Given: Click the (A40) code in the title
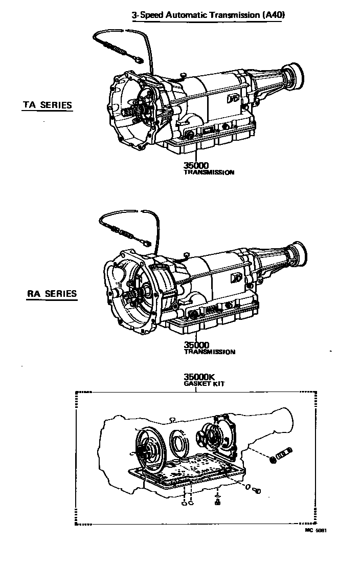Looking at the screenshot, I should (x=273, y=15).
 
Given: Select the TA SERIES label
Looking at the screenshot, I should (x=48, y=105).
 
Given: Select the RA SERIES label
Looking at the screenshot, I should (x=52, y=294).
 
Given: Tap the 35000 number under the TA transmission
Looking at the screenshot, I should (x=196, y=165).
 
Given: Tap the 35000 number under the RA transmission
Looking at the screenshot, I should (x=197, y=345).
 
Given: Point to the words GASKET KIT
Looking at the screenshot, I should (x=205, y=383).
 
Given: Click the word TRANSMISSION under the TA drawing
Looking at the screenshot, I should (x=209, y=172).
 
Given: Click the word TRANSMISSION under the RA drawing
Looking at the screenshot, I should (x=210, y=352).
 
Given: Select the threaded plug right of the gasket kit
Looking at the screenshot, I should (x=282, y=453).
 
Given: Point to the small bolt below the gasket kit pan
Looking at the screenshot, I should (x=258, y=491).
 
